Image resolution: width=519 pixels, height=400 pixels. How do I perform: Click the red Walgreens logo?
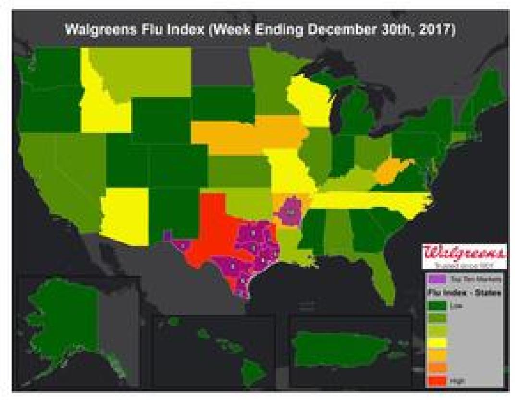coord(464,253)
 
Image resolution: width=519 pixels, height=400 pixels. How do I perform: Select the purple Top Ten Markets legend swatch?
coord(436,279)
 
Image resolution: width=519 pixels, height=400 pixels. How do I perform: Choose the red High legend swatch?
coord(436,380)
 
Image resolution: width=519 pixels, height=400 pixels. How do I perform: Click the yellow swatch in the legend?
coord(436,342)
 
